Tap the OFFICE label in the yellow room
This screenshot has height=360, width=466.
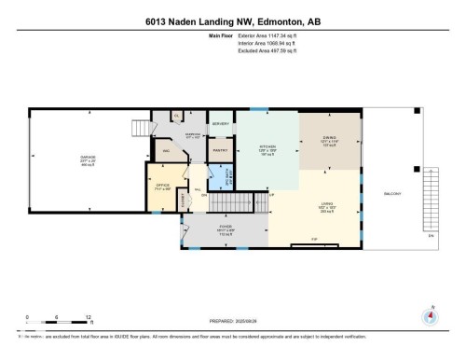coord(162,185)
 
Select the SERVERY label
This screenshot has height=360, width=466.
coord(221,123)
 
